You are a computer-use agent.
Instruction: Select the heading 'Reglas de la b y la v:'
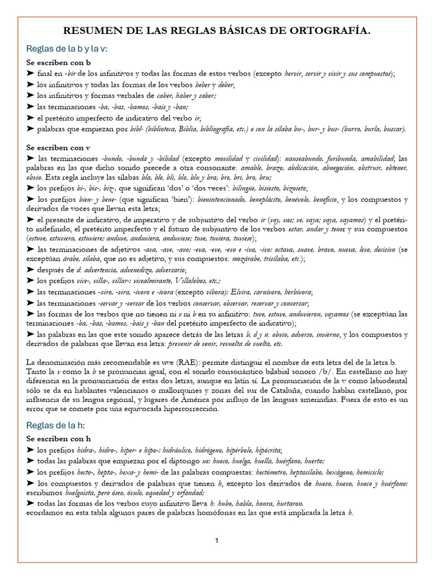pyautogui.click(x=67, y=49)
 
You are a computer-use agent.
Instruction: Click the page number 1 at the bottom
pyautogui.click(x=217, y=541)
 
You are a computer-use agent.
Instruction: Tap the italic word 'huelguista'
pyautogui.click(x=79, y=492)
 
